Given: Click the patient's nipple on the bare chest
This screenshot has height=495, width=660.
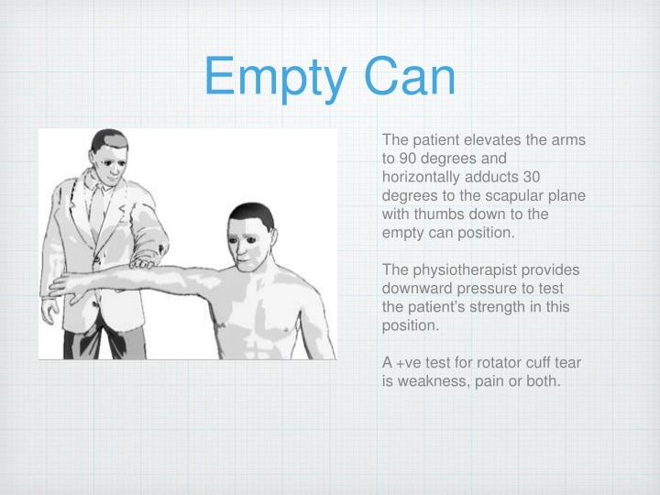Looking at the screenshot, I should (283, 327).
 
